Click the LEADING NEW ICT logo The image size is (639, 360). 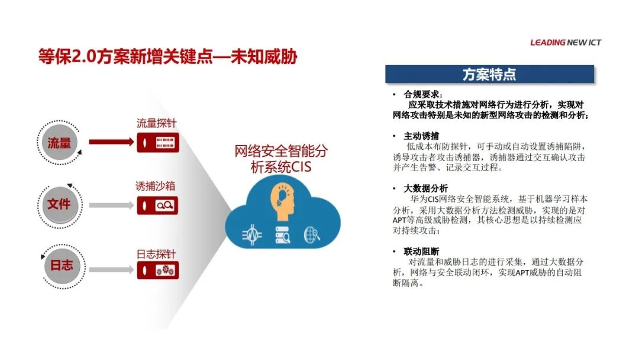coord(565,43)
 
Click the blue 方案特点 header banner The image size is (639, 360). coord(489,74)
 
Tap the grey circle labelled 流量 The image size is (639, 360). coord(60,143)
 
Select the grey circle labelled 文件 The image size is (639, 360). coord(60,204)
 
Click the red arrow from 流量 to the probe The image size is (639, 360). coord(111,142)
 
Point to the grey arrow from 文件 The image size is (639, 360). coord(111,205)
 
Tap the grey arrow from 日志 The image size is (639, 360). coord(111,269)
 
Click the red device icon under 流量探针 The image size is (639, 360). coord(158,143)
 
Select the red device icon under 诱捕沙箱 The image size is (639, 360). coord(157,205)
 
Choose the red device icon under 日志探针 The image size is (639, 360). coord(158,271)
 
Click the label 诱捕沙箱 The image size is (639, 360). coord(155,187)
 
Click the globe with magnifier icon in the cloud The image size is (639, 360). coord(312,235)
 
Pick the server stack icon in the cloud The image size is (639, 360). coord(283,235)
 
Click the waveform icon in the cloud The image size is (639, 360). coord(252,235)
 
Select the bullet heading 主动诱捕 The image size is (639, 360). coord(421,136)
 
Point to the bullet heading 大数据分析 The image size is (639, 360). coord(425,188)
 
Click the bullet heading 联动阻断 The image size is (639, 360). coord(421,251)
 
